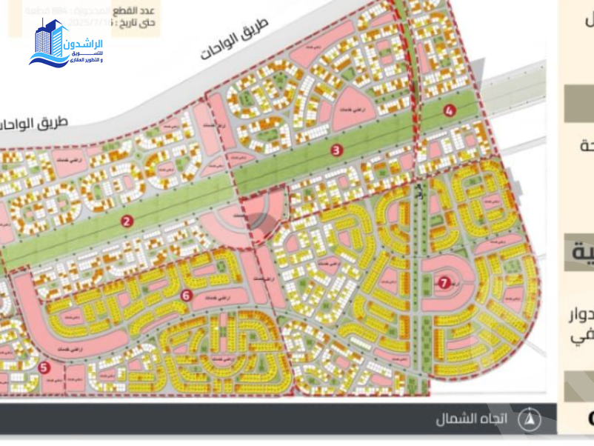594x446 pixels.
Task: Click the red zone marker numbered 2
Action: [x=127, y=221]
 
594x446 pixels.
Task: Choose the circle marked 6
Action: [x=186, y=296]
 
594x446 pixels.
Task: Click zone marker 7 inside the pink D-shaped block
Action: [x=444, y=282]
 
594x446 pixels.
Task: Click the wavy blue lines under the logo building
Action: [x=49, y=59]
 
